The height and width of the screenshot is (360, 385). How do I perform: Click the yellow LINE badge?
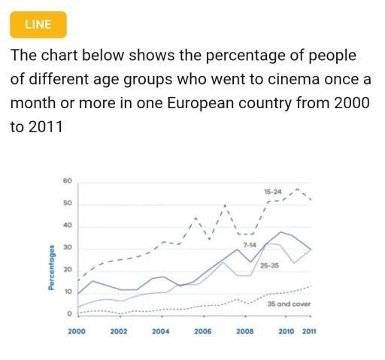coord(38,24)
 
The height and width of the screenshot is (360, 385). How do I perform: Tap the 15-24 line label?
coord(273,192)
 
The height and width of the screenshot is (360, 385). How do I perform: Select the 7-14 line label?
coord(249,245)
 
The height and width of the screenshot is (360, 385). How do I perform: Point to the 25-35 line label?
coord(270,265)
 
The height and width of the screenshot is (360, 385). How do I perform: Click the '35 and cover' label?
coord(289,303)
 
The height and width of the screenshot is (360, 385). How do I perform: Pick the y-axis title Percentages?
coord(50,268)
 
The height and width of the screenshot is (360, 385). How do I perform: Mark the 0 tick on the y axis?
coord(68,313)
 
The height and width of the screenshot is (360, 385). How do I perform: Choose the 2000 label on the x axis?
coord(77,331)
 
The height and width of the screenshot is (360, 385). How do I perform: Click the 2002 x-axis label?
coord(118,331)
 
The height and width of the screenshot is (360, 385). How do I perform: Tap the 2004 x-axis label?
coord(160,331)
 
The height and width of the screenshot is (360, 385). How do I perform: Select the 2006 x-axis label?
coord(202,331)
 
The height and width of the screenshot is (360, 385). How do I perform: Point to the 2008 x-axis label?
coord(244,331)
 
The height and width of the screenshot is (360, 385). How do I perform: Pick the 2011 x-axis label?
coord(309,331)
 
